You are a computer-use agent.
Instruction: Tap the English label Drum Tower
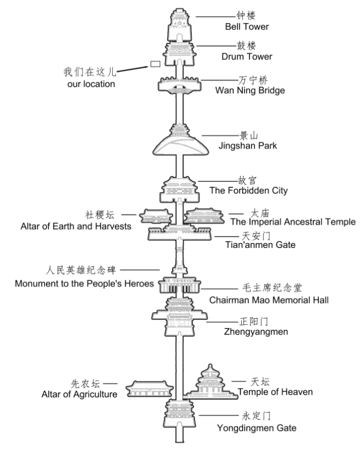247,57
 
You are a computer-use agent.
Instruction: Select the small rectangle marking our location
155,65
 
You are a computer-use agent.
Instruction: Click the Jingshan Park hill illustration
179,145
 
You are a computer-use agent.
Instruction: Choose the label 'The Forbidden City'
248,191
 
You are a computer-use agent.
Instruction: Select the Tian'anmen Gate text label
253,245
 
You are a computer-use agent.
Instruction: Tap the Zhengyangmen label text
248,332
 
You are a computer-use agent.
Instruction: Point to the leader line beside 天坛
238,381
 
